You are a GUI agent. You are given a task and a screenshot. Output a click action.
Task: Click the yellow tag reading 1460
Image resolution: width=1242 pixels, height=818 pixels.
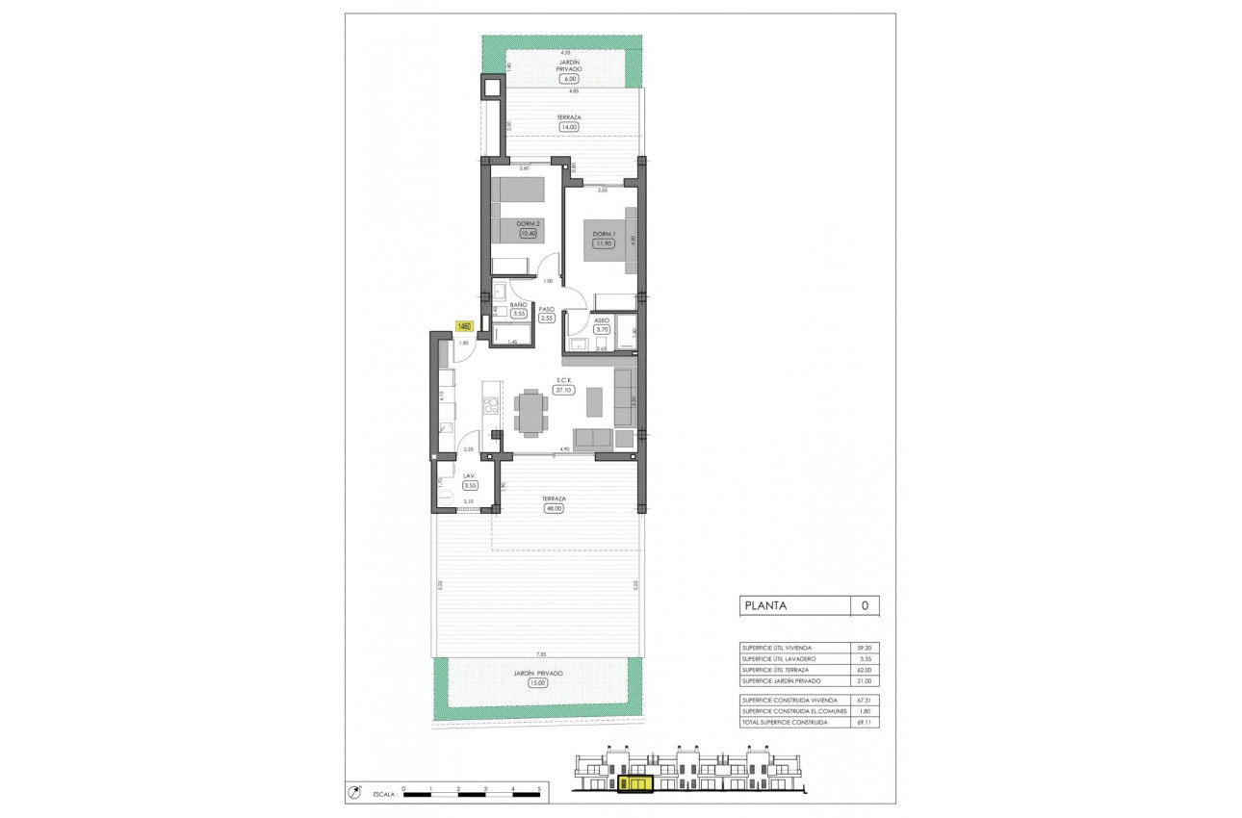pos(463,326)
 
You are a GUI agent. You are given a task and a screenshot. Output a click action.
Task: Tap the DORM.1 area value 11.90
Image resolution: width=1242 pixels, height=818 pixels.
pos(603,243)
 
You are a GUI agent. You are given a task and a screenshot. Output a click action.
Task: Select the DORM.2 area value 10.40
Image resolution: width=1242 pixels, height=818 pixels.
pos(526,232)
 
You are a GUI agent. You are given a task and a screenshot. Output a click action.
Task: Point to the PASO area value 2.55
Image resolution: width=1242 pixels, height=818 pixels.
pos(547,319)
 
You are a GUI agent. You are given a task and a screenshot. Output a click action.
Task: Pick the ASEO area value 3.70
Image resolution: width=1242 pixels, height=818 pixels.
pos(602,329)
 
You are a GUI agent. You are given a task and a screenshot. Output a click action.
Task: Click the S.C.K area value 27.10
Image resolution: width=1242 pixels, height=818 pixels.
pos(563,390)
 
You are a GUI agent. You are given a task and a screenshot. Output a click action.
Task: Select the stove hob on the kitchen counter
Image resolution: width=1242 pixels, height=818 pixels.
pos(491,405)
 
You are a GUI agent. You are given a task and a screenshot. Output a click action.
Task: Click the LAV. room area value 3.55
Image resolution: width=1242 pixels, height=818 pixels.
pos(470,486)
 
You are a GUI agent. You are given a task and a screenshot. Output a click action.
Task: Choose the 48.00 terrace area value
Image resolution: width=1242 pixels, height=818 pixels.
pos(553,509)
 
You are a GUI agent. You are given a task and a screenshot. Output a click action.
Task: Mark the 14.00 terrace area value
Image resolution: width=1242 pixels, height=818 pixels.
pos(569,126)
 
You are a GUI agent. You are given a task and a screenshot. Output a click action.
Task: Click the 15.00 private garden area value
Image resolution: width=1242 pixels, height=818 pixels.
pos(537,683)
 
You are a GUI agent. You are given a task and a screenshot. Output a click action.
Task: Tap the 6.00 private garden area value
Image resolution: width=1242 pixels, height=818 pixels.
pos(569,79)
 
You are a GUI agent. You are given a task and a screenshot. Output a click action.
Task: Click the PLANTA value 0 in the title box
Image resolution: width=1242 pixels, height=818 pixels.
pos(865,605)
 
